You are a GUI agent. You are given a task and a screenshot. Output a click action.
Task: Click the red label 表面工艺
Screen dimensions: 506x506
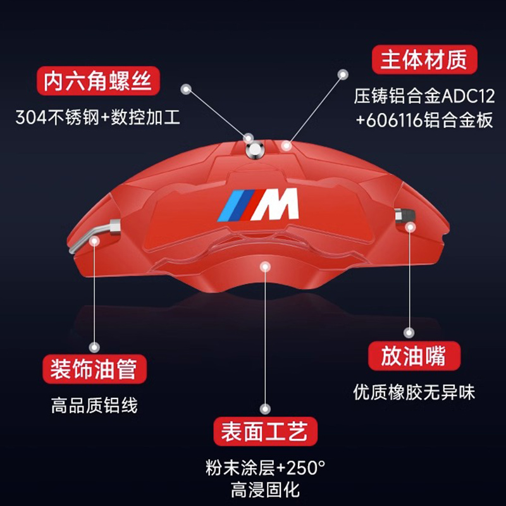pos(264,433)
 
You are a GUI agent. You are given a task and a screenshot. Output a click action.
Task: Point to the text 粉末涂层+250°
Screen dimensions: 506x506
pos(264,468)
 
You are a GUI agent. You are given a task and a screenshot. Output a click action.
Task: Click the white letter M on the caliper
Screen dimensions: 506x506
pos(280,204)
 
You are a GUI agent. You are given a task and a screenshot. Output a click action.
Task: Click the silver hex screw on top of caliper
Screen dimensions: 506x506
pos(254,149)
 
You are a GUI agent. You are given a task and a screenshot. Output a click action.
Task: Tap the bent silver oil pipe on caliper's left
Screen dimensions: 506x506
pos(95,235)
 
